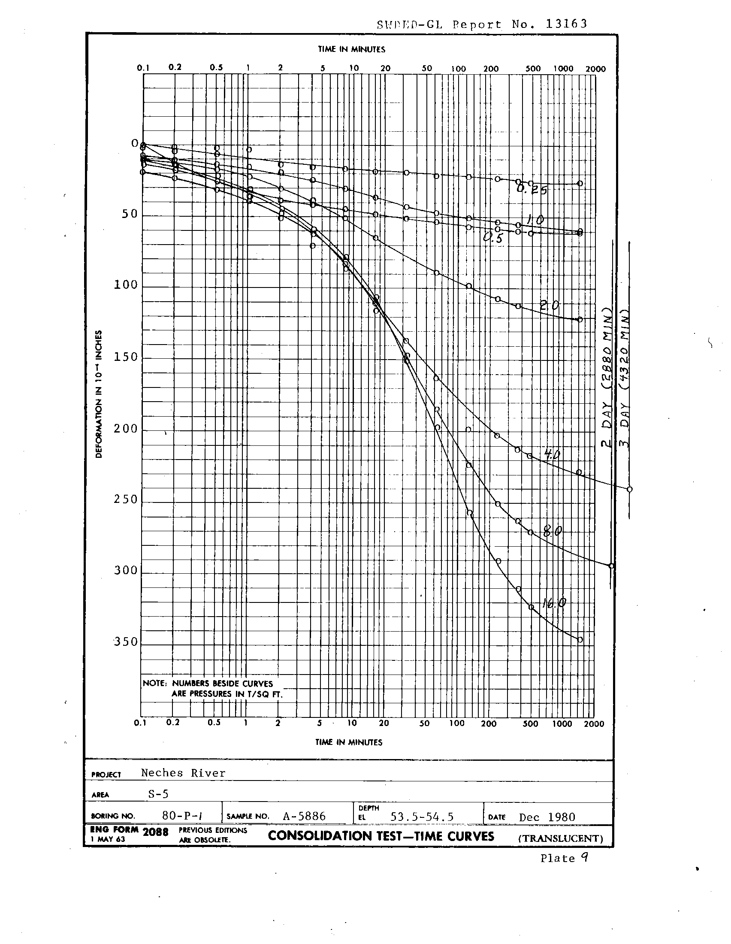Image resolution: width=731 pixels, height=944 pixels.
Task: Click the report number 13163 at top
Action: tap(566, 24)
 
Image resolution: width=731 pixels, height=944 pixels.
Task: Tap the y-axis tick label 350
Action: tap(126, 642)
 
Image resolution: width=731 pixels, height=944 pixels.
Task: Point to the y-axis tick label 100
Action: tap(126, 285)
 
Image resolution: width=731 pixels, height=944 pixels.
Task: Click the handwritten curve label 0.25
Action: tap(532, 189)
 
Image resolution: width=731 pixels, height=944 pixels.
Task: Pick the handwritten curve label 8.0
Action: tap(553, 531)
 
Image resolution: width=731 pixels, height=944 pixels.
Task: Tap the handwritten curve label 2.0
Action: tap(550, 306)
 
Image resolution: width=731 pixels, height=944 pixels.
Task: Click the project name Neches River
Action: tap(183, 773)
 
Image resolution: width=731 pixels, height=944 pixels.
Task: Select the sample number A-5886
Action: tap(304, 816)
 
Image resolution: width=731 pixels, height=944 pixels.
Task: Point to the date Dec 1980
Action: tap(547, 817)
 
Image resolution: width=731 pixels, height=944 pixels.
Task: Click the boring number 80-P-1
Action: tap(182, 816)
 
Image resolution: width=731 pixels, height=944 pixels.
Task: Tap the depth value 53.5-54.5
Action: tap(422, 817)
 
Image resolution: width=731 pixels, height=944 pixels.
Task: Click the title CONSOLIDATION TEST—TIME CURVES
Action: tap(381, 836)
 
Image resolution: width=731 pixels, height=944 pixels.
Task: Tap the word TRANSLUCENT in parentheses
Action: tap(560, 838)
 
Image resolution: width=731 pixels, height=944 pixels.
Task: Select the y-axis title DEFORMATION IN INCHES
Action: tap(99, 394)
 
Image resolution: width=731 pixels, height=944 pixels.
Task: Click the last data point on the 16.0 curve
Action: tap(580, 640)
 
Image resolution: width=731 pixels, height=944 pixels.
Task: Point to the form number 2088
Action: tap(155, 832)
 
